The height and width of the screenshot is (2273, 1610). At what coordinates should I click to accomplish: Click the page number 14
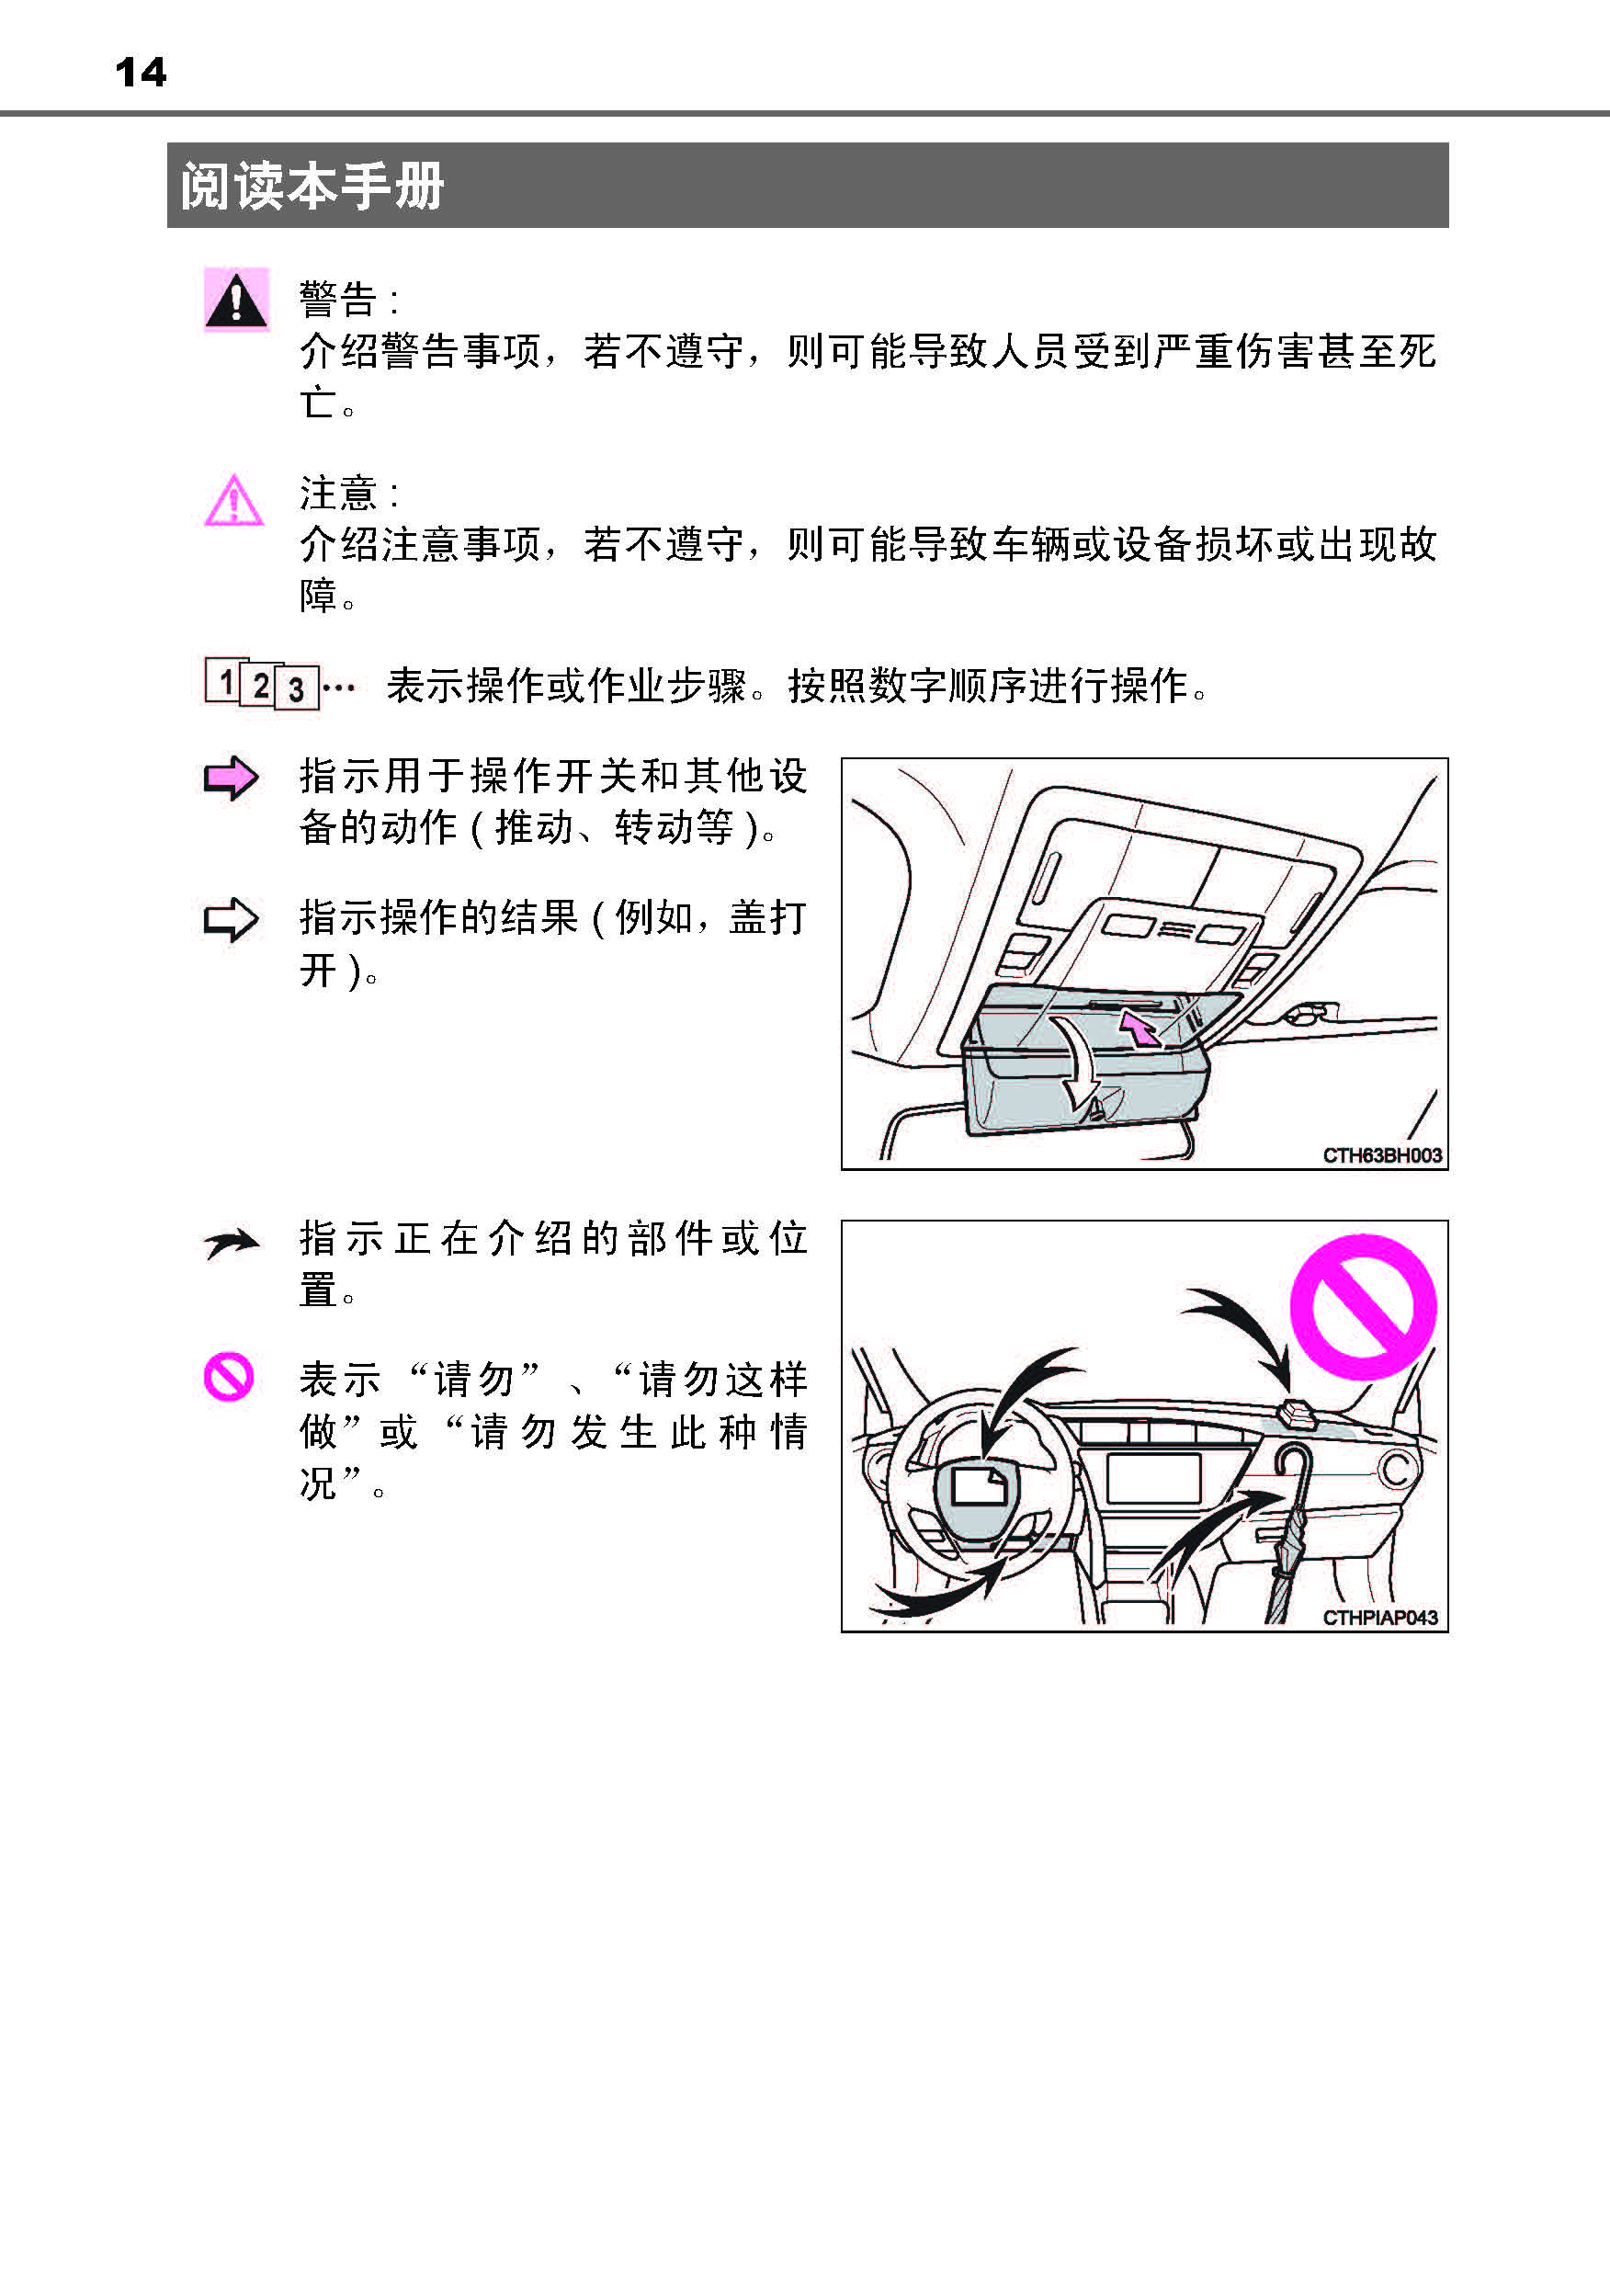[141, 73]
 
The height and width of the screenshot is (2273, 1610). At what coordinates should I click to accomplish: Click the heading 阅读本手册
[312, 187]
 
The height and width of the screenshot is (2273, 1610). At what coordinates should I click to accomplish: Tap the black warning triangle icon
[236, 300]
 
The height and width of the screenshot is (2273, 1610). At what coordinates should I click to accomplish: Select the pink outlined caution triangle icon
[234, 501]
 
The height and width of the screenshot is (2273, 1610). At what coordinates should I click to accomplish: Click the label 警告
[339, 299]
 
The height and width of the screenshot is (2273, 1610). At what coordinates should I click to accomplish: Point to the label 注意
[339, 493]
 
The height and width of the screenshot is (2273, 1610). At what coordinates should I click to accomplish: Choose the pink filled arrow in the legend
[231, 779]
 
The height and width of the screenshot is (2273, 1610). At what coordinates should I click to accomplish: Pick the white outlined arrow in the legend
[231, 919]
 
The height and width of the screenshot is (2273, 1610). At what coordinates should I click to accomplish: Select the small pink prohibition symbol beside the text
[229, 1377]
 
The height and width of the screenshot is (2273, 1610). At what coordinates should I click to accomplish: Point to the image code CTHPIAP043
[1380, 1618]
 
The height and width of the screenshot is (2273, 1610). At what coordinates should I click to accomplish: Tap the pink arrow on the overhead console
[1139, 1029]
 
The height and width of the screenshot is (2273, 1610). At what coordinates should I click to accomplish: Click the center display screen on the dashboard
[1153, 1478]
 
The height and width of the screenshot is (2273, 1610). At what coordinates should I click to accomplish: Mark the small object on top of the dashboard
[1298, 1414]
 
